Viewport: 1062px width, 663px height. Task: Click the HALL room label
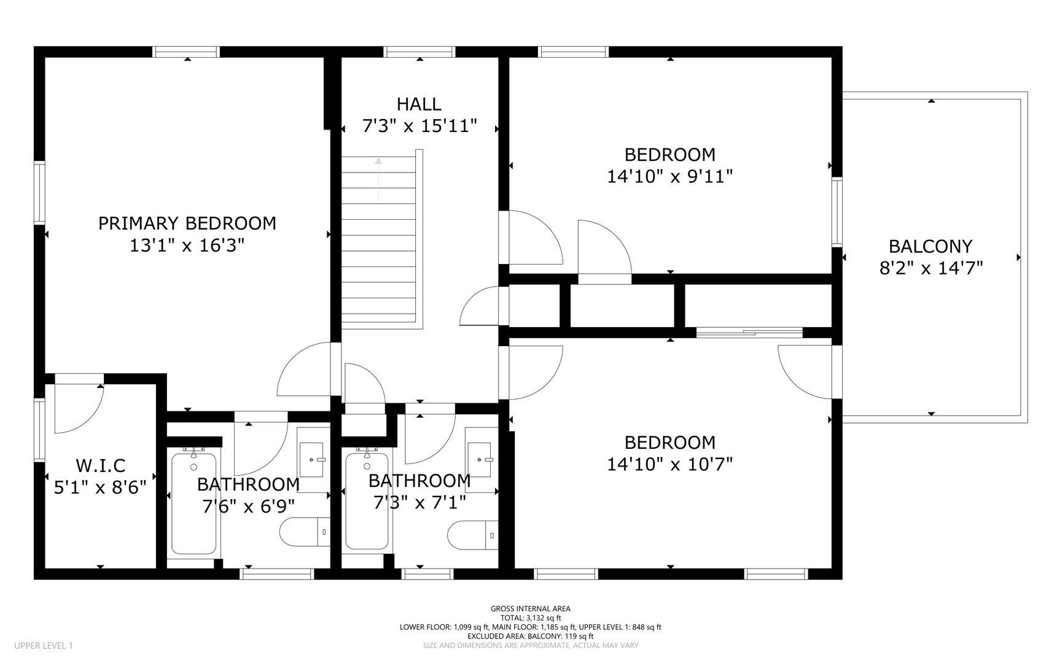(x=419, y=104)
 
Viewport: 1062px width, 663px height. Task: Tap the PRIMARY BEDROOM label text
(x=187, y=223)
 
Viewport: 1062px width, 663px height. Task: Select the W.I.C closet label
(x=100, y=465)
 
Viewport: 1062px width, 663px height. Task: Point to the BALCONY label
(x=931, y=246)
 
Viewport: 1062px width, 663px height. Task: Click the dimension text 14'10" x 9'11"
(x=670, y=177)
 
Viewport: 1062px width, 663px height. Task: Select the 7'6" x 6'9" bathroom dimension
(x=248, y=506)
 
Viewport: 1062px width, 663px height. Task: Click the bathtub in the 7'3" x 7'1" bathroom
(x=367, y=500)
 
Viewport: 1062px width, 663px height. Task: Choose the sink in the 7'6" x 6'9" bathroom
(x=313, y=459)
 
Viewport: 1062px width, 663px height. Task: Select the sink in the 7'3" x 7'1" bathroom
(x=482, y=459)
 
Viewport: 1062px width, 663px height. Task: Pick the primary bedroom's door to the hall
(x=305, y=370)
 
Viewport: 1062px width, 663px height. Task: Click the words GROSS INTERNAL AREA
(x=531, y=609)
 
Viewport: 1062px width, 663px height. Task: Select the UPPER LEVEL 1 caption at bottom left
(x=44, y=646)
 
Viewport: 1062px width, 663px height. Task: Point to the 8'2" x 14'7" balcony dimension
(x=931, y=268)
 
